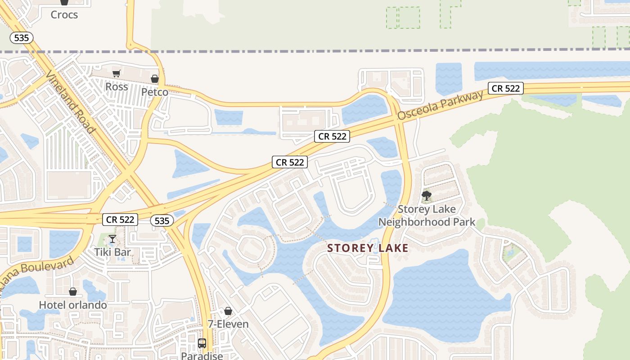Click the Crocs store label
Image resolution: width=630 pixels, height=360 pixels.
(x=64, y=14)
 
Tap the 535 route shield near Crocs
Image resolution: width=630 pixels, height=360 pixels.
(x=22, y=38)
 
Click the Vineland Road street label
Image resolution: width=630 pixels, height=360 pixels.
(x=71, y=103)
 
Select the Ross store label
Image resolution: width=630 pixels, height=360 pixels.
(x=117, y=86)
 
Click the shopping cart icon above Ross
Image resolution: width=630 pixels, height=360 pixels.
(x=117, y=73)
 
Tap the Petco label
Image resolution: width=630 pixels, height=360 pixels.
(x=155, y=92)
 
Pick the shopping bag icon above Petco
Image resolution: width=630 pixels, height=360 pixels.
(x=155, y=79)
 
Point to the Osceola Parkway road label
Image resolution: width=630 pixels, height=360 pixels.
(x=440, y=105)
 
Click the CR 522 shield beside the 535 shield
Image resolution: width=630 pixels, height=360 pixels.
(x=121, y=220)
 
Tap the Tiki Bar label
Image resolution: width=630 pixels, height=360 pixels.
(x=112, y=252)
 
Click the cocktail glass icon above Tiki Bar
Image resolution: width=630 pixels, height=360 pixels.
(x=112, y=239)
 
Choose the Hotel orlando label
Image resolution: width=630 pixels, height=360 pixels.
(x=73, y=305)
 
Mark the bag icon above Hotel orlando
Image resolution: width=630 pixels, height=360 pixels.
(x=73, y=292)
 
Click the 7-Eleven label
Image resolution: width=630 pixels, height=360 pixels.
(x=228, y=324)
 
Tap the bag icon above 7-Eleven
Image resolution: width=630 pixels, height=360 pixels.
(x=228, y=311)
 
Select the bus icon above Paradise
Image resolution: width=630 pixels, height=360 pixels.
(x=202, y=343)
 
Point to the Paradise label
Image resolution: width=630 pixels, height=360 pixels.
(x=202, y=355)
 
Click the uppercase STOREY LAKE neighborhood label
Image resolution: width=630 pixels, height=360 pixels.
(x=368, y=248)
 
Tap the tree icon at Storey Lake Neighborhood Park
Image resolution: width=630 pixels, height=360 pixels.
(x=426, y=196)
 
